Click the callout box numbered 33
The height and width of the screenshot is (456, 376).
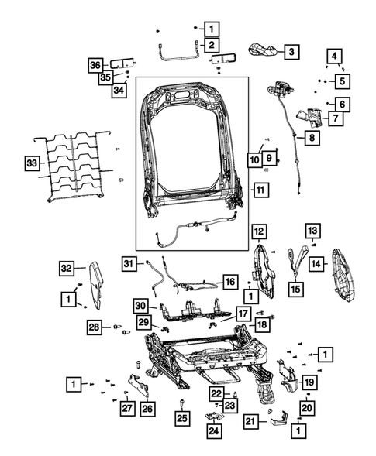(x=31, y=163)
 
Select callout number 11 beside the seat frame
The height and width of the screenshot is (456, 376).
(x=260, y=190)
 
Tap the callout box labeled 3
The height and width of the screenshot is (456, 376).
(x=291, y=52)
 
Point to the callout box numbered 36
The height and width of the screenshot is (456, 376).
(x=95, y=64)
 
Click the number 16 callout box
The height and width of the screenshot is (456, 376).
(x=230, y=282)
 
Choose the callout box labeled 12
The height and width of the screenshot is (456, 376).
(x=259, y=230)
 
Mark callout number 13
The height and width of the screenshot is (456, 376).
(x=311, y=230)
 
